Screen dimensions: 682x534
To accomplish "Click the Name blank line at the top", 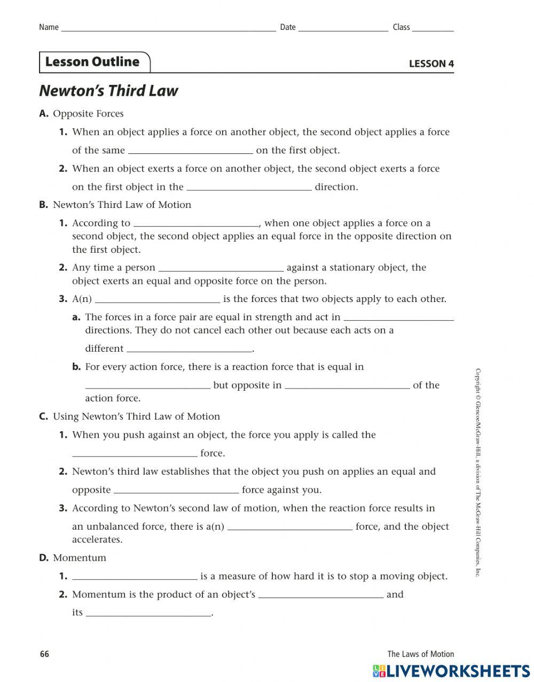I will (x=168, y=29).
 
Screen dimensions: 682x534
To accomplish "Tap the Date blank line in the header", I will (x=343, y=29).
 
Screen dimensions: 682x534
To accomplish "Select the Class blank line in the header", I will (x=433, y=29).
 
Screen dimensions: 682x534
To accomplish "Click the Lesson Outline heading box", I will (x=94, y=62).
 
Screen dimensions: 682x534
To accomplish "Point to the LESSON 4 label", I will (x=431, y=64).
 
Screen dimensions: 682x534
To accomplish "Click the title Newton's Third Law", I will (x=108, y=91).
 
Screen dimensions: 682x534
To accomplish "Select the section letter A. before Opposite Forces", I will (x=44, y=114).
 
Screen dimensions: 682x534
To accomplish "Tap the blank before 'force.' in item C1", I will (x=135, y=454).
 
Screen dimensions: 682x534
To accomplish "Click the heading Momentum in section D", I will (x=80, y=558).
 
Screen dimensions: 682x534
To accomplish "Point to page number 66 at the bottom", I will (x=44, y=654).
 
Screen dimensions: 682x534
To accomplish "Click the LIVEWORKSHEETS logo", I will (x=452, y=671).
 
